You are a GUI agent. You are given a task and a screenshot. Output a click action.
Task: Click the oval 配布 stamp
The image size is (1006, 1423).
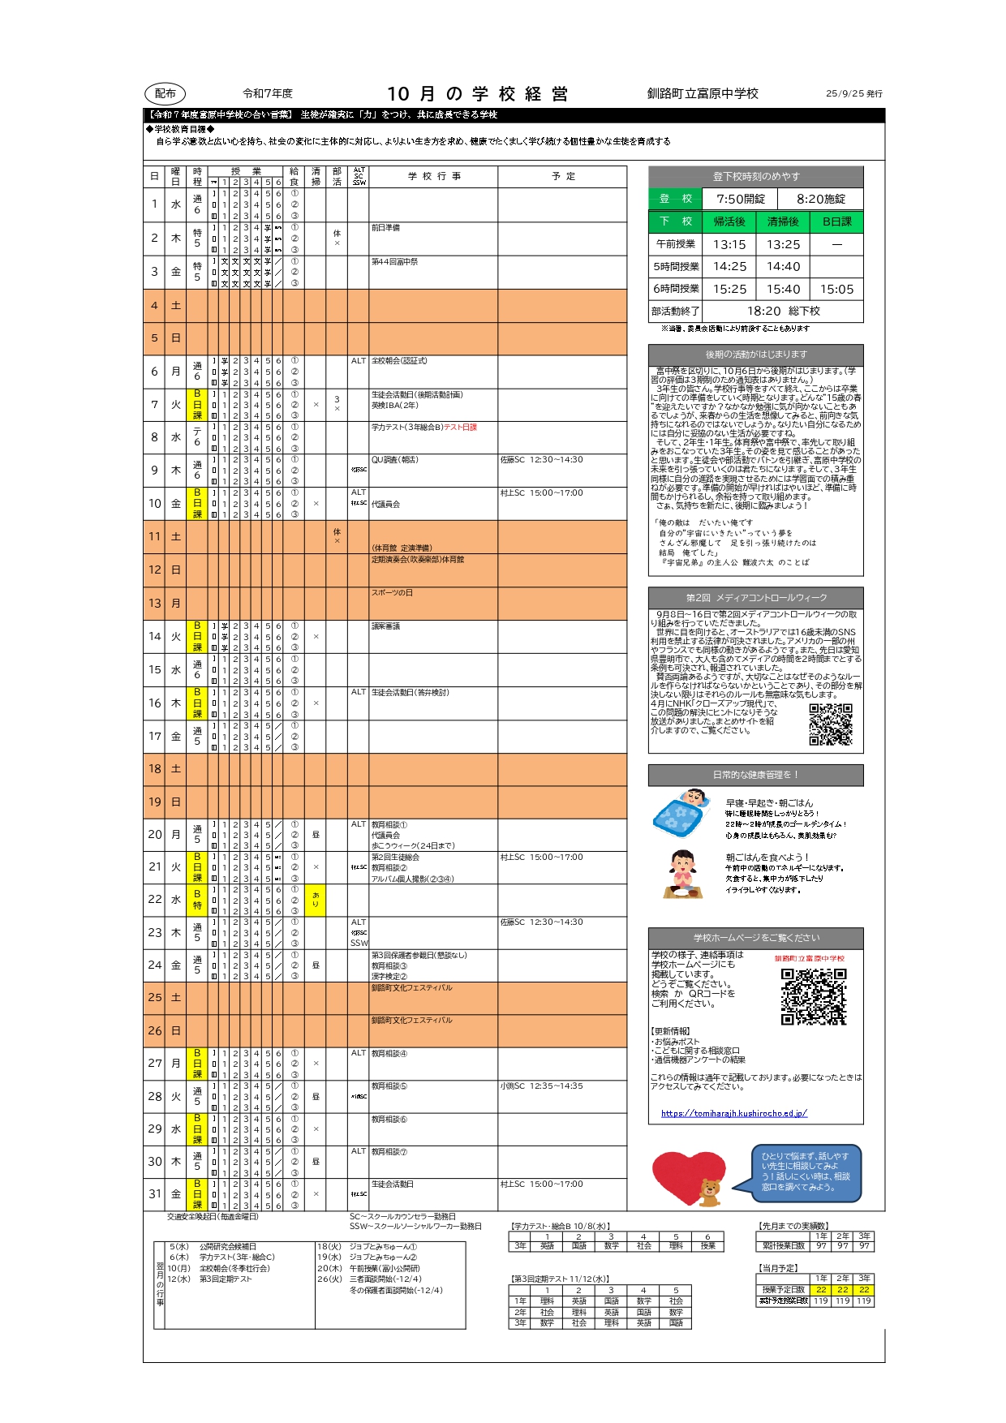coord(165,94)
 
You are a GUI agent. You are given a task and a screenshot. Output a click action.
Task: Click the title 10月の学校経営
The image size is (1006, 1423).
coord(477,94)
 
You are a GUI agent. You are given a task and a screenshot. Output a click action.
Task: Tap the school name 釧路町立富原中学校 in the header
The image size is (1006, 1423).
coord(703,94)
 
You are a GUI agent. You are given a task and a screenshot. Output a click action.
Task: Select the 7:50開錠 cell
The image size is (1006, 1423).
coord(740,199)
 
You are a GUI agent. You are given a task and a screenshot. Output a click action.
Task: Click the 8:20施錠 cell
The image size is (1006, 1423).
coord(820,199)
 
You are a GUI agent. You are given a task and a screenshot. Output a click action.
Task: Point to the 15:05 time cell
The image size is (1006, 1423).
coord(836,289)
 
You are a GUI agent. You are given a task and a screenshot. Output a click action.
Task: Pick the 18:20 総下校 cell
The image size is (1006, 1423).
coord(783,311)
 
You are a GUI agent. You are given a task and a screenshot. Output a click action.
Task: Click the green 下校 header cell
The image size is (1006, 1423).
coord(675,221)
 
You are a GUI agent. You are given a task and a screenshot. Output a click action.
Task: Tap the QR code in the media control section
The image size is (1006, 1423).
coord(831,724)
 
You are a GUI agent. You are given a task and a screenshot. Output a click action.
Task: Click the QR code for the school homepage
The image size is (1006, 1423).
coord(814,996)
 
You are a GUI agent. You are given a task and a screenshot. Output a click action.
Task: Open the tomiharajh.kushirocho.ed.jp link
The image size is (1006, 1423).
coord(733,1113)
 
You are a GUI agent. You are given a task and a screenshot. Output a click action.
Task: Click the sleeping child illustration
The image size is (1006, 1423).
coord(681,814)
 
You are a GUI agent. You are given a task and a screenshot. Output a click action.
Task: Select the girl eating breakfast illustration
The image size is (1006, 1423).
coord(682,873)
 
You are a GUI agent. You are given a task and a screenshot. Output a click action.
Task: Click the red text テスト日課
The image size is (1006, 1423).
coord(460,427)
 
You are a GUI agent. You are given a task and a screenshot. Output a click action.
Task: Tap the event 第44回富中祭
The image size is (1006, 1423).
coord(394,261)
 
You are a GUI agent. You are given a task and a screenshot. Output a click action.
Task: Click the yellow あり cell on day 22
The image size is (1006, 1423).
coord(316,900)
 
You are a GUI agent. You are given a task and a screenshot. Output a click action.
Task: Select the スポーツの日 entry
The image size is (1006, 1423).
coord(392,592)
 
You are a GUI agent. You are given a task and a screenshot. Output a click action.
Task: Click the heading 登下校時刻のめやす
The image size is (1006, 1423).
coord(755,177)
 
